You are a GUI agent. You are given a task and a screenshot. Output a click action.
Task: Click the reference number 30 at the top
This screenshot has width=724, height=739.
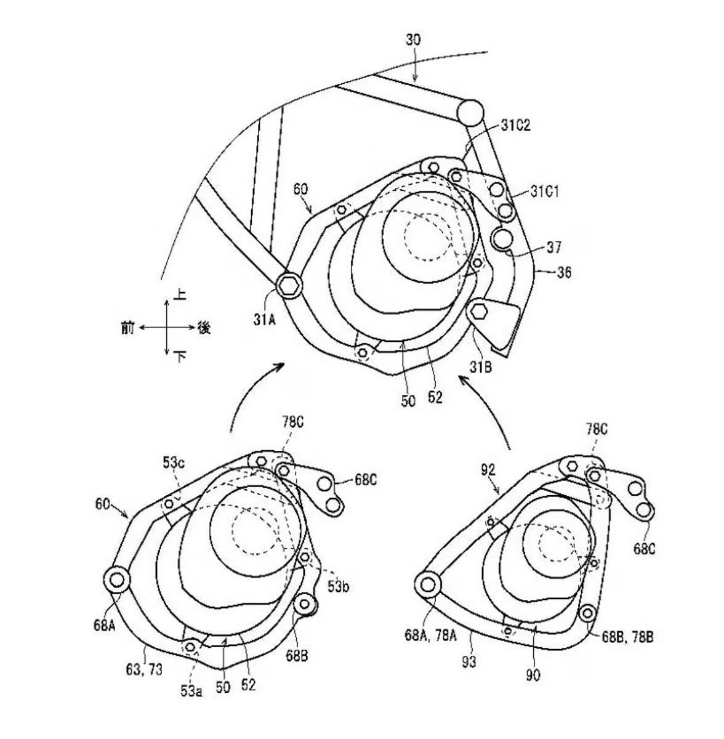tap(414, 40)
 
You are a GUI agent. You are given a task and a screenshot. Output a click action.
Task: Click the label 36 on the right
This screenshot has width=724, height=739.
tap(562, 272)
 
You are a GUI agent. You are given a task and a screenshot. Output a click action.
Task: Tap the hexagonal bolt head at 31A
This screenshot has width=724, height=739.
tap(288, 285)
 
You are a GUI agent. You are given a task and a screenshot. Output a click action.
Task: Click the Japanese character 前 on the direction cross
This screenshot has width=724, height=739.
tap(127, 329)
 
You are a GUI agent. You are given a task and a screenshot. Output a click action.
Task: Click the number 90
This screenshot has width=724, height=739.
tap(533, 675)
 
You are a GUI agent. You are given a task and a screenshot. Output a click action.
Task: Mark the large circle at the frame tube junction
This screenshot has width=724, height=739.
tap(471, 112)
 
